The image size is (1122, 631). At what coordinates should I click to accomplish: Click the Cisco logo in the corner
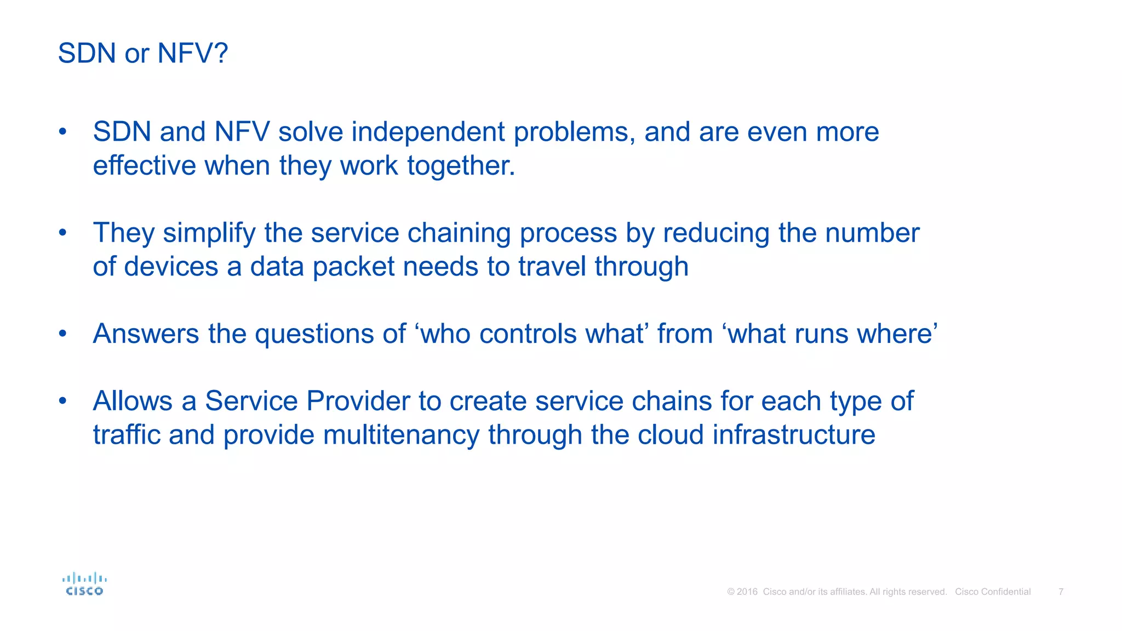pyautogui.click(x=84, y=584)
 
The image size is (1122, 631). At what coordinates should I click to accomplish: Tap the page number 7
pyautogui.click(x=1061, y=592)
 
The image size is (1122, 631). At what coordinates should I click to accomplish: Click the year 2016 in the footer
pyautogui.click(x=747, y=592)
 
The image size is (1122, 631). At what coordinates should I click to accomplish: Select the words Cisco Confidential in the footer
pyautogui.click(x=993, y=592)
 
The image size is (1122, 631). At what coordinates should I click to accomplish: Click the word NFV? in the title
pyautogui.click(x=192, y=54)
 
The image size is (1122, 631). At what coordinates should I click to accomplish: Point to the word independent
pyautogui.click(x=428, y=132)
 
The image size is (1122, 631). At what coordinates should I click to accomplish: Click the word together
pyautogui.click(x=461, y=166)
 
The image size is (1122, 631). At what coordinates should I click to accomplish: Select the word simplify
pyautogui.click(x=209, y=233)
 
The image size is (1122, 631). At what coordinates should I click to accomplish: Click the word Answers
pyautogui.click(x=146, y=334)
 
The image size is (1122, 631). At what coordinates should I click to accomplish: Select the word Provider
pyautogui.click(x=358, y=401)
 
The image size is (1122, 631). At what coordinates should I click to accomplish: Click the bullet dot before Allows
pyautogui.click(x=63, y=401)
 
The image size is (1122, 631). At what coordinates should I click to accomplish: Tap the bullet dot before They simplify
pyautogui.click(x=63, y=233)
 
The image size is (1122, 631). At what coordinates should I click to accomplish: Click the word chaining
pyautogui.click(x=459, y=233)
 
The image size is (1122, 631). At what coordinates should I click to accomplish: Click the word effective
pyautogui.click(x=144, y=166)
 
